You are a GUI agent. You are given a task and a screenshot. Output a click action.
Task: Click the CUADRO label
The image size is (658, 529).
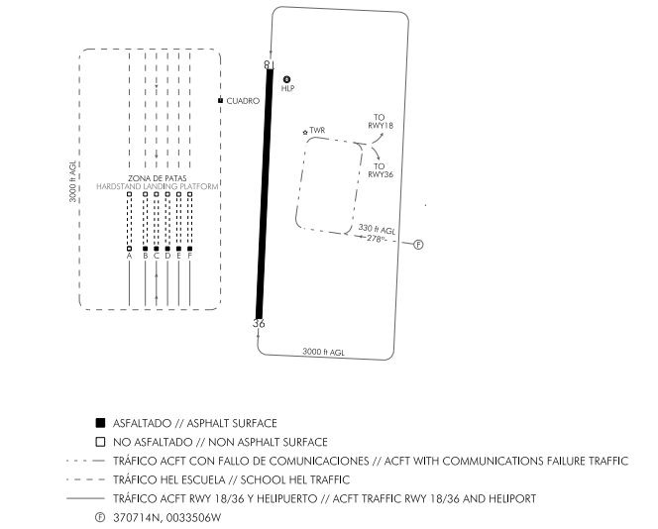click(x=243, y=101)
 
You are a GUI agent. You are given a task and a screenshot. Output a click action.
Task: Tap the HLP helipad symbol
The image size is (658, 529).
click(x=287, y=79)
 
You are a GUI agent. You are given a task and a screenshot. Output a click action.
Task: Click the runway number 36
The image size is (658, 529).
click(x=260, y=323)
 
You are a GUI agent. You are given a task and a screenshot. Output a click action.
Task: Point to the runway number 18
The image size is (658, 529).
click(x=268, y=64)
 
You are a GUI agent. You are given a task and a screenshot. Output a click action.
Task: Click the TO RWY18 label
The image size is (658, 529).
click(x=380, y=122)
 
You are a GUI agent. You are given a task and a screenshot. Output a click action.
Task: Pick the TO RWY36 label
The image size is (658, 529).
click(x=380, y=169)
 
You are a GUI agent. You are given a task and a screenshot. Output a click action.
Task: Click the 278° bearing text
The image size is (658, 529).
click(x=377, y=239)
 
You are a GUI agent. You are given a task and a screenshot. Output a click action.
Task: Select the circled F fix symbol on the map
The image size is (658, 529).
click(x=418, y=245)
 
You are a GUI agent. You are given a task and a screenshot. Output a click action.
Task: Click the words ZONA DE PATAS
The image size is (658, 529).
click(x=158, y=178)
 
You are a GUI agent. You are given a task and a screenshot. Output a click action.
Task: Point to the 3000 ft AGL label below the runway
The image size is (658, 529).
click(x=323, y=352)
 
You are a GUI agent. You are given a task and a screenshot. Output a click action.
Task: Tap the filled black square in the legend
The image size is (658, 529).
click(x=100, y=423)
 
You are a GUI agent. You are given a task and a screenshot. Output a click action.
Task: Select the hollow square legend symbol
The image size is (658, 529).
click(x=100, y=442)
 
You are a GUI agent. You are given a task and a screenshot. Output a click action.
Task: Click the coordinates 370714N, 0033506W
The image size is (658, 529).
click(x=166, y=517)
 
